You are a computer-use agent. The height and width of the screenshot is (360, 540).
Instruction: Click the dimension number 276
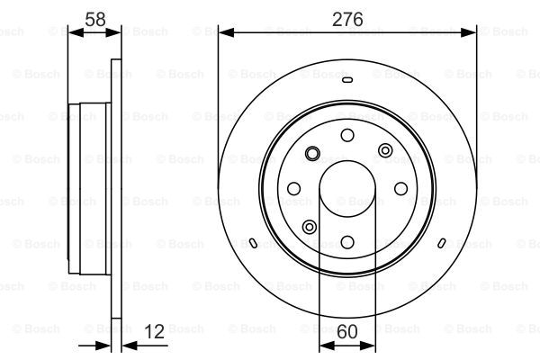point(347,19)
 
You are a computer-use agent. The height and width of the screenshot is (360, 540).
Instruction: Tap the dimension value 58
point(95,19)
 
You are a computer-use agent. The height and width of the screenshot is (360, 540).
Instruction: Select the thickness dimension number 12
point(154,332)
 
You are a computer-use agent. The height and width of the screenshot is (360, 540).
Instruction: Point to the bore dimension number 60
point(347,332)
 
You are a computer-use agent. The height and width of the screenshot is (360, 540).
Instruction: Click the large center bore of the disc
point(347,189)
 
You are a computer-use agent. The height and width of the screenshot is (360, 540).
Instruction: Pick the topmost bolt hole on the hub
point(347,135)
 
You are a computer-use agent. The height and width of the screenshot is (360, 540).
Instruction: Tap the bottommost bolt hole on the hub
point(347,242)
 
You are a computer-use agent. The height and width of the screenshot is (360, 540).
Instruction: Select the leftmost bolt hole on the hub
point(293,188)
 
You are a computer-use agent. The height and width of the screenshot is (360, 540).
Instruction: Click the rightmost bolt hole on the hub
point(400,188)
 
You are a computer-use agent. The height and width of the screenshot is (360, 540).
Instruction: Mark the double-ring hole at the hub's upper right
point(385,150)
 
